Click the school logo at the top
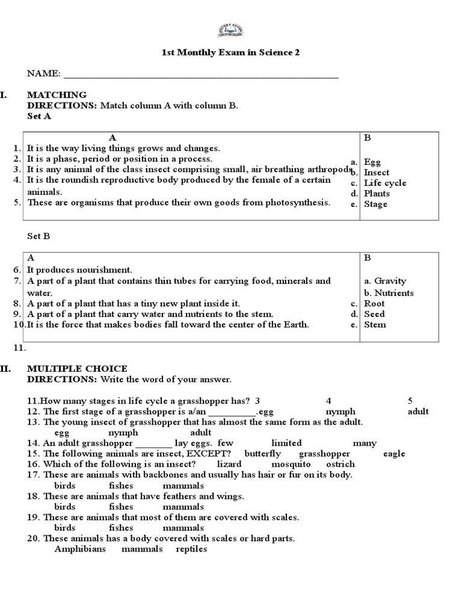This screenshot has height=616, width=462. pos(230,31)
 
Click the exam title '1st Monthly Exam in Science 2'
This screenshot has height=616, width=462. pos(230,52)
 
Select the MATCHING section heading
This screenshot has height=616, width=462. pos(57,94)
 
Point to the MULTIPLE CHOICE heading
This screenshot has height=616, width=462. pos(77,368)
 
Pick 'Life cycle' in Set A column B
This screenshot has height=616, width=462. pos(385,183)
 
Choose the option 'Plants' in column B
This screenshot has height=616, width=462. pos(377,193)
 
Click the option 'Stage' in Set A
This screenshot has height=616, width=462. pos(375,204)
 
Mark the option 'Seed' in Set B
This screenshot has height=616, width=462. pos(374,314)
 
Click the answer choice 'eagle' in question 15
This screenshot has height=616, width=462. pos(394,454)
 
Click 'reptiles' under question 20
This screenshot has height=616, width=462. pos(191,549)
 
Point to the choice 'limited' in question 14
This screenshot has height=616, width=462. pos(286,443)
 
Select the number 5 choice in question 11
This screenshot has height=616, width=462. pos(410,401)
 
